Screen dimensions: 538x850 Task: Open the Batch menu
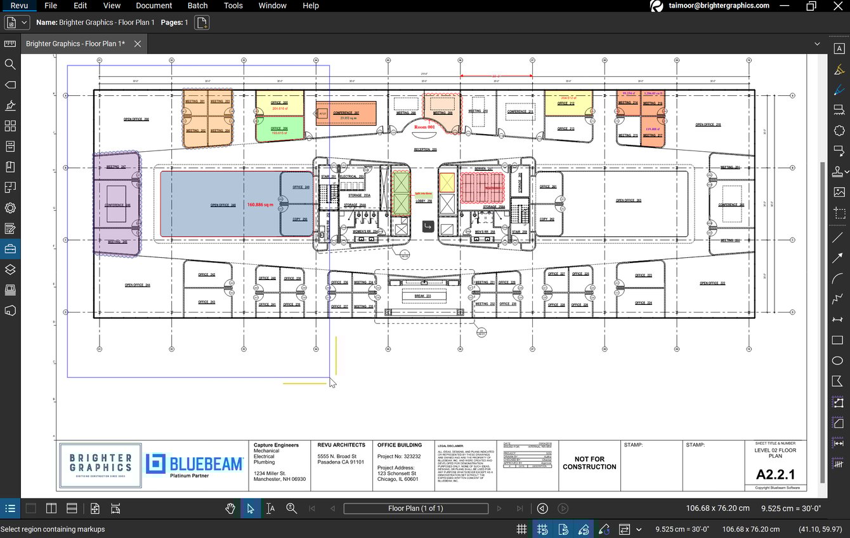click(x=197, y=6)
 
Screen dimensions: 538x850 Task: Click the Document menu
click(x=154, y=6)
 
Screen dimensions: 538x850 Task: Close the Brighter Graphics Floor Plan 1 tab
click(x=137, y=44)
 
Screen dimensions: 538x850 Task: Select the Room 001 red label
click(x=424, y=127)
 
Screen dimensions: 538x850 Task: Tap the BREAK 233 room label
click(x=422, y=296)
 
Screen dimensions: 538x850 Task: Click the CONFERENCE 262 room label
click(x=346, y=113)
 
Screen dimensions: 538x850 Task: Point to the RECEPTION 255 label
click(x=426, y=150)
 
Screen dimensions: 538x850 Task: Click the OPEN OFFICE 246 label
click(x=223, y=205)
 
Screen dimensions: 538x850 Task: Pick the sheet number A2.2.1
click(x=775, y=474)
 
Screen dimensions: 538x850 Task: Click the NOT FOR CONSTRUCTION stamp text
click(x=589, y=463)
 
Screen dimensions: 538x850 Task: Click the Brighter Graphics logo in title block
click(x=100, y=465)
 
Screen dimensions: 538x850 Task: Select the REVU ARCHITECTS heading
click(x=341, y=445)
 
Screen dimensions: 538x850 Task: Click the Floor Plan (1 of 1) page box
click(x=415, y=508)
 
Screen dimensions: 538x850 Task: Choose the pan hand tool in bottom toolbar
click(x=231, y=508)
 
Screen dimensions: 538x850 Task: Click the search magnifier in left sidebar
click(x=10, y=64)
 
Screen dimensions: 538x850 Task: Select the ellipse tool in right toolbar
click(x=837, y=361)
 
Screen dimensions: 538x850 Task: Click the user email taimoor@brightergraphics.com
click(x=719, y=6)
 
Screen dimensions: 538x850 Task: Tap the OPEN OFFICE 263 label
click(x=629, y=201)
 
